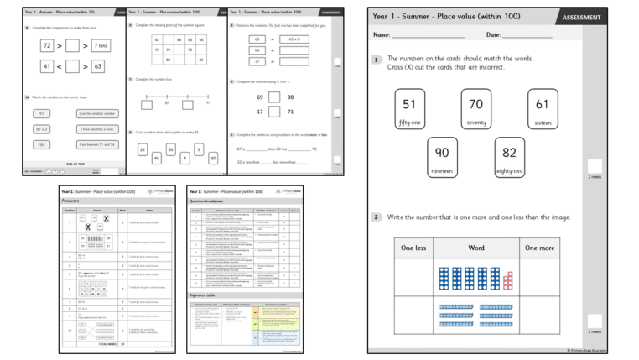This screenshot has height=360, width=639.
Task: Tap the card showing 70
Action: (475, 109)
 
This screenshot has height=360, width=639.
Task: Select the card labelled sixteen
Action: (542, 109)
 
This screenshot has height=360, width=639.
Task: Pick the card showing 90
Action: (442, 158)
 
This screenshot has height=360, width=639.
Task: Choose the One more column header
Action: (540, 248)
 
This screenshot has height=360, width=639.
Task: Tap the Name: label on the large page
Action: (382, 35)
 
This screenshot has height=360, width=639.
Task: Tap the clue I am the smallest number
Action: (98, 113)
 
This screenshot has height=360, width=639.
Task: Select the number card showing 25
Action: (143, 149)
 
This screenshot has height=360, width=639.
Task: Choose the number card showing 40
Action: (157, 158)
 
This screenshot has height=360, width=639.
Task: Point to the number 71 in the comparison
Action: (290, 112)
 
